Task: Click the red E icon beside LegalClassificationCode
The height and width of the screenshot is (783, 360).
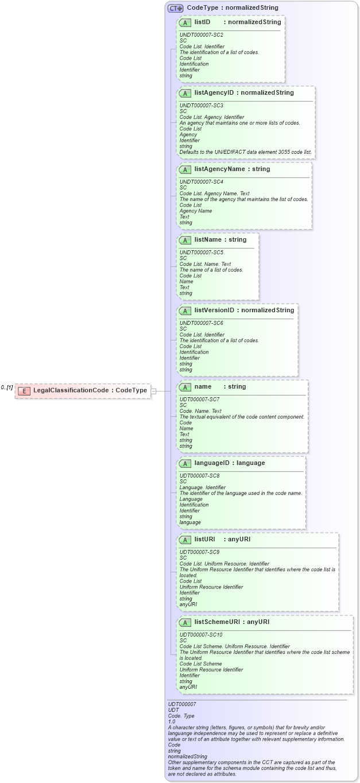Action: (24, 391)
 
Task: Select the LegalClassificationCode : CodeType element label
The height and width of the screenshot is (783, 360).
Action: (90, 390)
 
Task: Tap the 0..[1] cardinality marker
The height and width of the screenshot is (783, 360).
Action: (7, 387)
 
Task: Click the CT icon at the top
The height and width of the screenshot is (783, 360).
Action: (175, 8)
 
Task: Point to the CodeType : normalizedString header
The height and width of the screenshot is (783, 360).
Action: (232, 8)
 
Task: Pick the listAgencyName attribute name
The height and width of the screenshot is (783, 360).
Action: (220, 169)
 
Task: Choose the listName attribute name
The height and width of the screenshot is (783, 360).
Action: (209, 239)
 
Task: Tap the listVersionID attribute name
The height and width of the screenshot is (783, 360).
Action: (214, 311)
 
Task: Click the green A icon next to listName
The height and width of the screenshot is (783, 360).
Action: (185, 240)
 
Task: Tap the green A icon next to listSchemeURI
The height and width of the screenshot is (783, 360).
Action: (185, 622)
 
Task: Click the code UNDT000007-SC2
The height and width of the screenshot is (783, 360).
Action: (202, 35)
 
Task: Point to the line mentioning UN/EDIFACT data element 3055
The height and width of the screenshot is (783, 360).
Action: (245, 152)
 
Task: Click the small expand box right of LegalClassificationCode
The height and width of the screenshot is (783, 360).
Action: (153, 391)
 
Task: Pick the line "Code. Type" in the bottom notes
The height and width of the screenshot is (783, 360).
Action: (181, 715)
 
